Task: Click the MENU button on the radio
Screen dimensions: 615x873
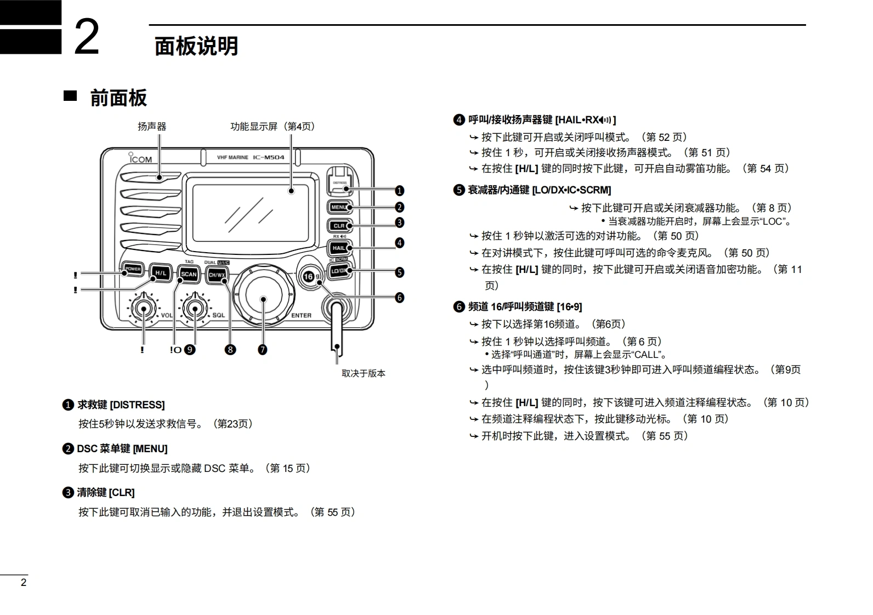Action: [339, 207]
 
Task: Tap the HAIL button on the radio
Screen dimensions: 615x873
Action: [339, 248]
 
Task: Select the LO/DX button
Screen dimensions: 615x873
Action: [339, 270]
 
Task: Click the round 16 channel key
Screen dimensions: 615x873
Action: [309, 276]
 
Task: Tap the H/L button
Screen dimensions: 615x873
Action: [160, 272]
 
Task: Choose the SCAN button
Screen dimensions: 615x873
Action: [189, 274]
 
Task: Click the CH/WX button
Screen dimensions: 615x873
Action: [217, 275]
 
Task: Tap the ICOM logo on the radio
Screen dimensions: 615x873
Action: [140, 159]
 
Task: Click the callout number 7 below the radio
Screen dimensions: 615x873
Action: [263, 350]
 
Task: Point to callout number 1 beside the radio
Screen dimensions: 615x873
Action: [399, 191]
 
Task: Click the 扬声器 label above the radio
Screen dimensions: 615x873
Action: [152, 127]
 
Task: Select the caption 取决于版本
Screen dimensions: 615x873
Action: [364, 373]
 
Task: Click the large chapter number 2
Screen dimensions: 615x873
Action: [87, 37]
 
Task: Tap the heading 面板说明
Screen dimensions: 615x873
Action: [196, 46]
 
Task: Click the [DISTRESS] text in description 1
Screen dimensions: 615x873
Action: [137, 405]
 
